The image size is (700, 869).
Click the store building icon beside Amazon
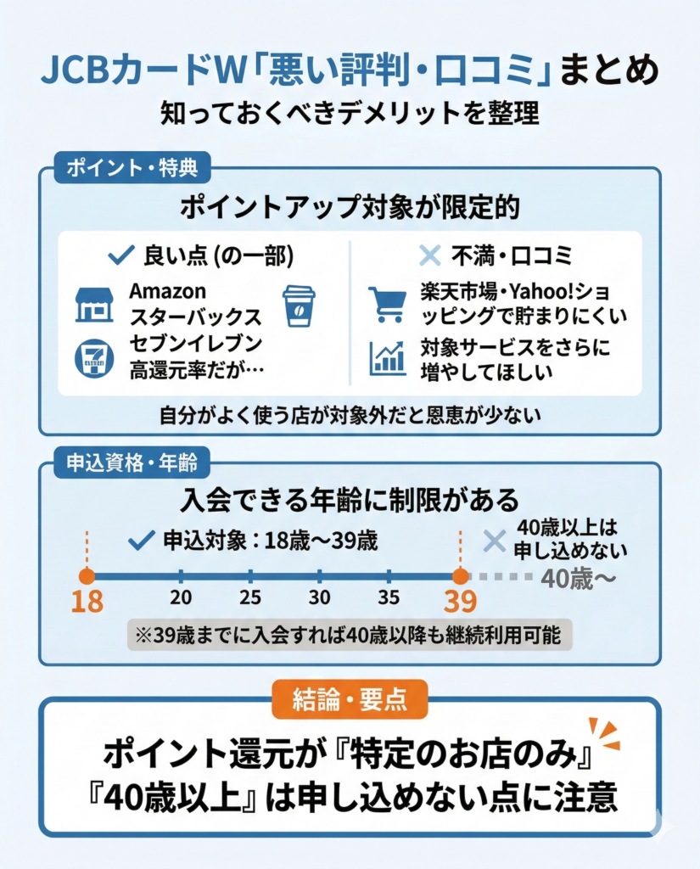coord(93,304)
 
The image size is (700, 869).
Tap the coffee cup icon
coord(298,306)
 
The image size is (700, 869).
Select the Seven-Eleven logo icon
coord(93,357)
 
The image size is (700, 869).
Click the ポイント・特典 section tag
coord(132,168)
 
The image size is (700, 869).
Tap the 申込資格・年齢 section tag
coord(132,463)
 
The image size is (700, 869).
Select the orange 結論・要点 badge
coord(350,698)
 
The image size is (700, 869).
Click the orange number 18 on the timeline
coord(87,601)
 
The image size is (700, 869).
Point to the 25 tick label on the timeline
coord(249,597)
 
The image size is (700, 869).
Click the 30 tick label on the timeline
coord(319,597)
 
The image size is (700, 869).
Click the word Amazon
coord(167,291)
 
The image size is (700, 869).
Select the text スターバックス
coord(194,318)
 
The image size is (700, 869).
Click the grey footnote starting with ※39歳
coord(349,635)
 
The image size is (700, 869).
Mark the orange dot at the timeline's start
coord(87,575)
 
